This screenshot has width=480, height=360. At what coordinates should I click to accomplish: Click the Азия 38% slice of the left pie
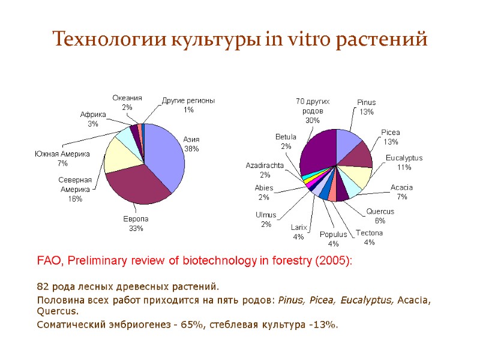[165, 156]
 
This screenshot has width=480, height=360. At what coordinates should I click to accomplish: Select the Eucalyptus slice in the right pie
[359, 176]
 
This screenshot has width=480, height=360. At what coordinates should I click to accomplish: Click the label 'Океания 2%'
[127, 103]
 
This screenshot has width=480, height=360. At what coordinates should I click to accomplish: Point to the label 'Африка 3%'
[93, 119]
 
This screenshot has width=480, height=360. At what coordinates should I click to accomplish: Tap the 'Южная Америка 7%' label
[62, 158]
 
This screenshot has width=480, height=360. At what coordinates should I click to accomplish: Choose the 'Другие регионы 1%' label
[188, 105]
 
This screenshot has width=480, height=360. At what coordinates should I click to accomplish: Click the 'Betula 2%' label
[286, 142]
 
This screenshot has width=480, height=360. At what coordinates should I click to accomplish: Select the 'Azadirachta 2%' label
[265, 170]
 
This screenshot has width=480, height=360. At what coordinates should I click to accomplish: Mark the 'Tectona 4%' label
[370, 238]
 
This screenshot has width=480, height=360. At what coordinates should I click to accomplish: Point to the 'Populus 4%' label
[333, 239]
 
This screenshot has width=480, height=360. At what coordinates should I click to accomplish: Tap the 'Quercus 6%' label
[380, 216]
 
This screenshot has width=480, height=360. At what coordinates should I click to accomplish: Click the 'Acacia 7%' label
[401, 192]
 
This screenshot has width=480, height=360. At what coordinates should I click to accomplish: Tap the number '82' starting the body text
[43, 286]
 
